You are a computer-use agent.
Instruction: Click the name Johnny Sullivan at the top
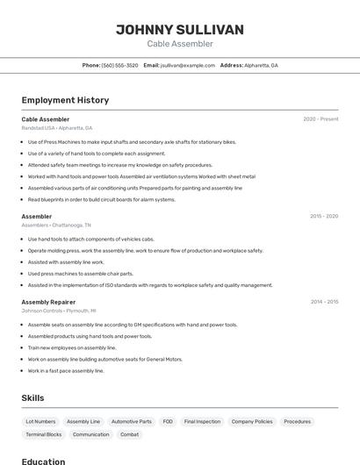(180, 30)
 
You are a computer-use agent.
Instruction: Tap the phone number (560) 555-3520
(120, 65)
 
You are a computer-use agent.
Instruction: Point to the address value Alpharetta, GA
(262, 65)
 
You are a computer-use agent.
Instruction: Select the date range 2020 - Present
(320, 119)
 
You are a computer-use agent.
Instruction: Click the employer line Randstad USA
(57, 128)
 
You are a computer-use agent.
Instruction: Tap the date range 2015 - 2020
(323, 216)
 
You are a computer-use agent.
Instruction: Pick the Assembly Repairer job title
(48, 302)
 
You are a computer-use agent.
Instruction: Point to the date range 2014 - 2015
(324, 302)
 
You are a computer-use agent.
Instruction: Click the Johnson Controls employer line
(59, 311)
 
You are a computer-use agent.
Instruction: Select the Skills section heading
(33, 398)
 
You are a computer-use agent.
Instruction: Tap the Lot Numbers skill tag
(40, 421)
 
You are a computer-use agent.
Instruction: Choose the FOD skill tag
(168, 421)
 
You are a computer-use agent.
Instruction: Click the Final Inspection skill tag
(202, 421)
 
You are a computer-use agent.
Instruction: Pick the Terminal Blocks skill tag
(44, 434)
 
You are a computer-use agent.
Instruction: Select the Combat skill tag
(129, 434)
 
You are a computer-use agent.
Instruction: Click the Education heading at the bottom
(44, 461)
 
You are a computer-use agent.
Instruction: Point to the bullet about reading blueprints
(101, 199)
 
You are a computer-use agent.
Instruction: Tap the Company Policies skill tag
(252, 421)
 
